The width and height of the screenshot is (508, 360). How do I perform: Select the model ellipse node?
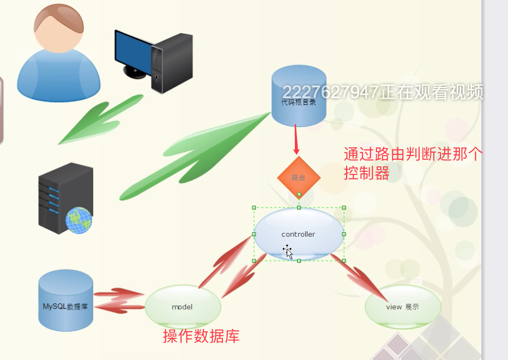tap(183, 307)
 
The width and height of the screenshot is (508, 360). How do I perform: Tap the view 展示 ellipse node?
tap(402, 307)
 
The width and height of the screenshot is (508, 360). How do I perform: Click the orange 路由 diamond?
tap(298, 177)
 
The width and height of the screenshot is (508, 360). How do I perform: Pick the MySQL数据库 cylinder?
tap(65, 301)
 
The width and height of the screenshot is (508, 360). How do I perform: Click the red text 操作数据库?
tap(201, 336)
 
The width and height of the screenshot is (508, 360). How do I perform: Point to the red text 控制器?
tap(366, 173)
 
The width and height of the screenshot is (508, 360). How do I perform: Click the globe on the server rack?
tap(79, 220)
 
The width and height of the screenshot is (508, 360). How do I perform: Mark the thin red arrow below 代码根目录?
tap(296, 139)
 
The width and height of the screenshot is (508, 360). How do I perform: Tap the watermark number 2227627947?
tap(330, 92)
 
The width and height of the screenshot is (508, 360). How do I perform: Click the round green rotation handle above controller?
tap(299, 195)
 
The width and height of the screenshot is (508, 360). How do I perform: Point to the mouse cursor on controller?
tap(287, 251)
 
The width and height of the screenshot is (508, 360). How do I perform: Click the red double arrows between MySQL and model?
tap(118, 301)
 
